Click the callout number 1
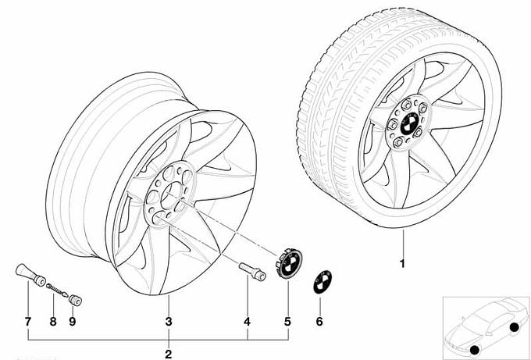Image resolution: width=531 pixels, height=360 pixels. (x=403, y=263)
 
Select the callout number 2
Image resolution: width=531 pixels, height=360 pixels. (x=169, y=355)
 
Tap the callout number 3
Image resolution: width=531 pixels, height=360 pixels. (x=169, y=322)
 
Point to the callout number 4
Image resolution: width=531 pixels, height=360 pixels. (x=248, y=322)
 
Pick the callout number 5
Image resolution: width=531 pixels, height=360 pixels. (x=287, y=322)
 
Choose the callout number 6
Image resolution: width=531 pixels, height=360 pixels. (x=319, y=322)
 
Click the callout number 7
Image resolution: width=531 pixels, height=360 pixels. (x=28, y=322)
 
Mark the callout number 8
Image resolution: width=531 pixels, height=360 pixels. (x=53, y=322)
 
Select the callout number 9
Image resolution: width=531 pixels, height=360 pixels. (x=73, y=322)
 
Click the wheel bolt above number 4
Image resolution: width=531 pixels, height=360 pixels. (x=252, y=271)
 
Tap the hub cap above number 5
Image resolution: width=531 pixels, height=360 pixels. (x=290, y=263)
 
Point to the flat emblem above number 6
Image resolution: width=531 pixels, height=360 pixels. (x=322, y=281)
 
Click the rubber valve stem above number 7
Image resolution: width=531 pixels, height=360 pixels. (x=30, y=275)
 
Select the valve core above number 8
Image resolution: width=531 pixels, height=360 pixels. (x=57, y=290)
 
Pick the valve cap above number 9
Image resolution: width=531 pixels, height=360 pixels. (x=76, y=301)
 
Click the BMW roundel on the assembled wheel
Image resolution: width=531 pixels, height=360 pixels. (x=410, y=123)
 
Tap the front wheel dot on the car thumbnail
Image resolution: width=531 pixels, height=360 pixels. (x=475, y=350)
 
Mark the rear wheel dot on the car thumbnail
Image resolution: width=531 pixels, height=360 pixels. (x=514, y=327)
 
